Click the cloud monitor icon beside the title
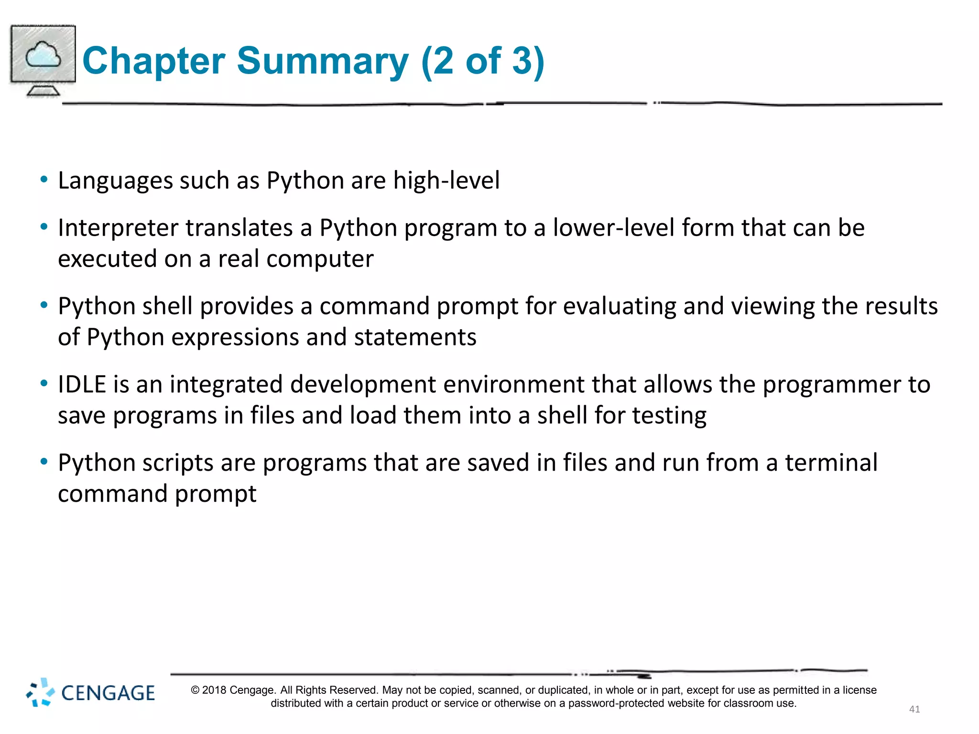click(x=43, y=60)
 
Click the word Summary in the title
click(x=323, y=61)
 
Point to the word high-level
click(x=446, y=181)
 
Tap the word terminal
click(x=831, y=463)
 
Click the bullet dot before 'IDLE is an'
click(x=44, y=383)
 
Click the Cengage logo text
click(x=108, y=693)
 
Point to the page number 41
click(x=914, y=709)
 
